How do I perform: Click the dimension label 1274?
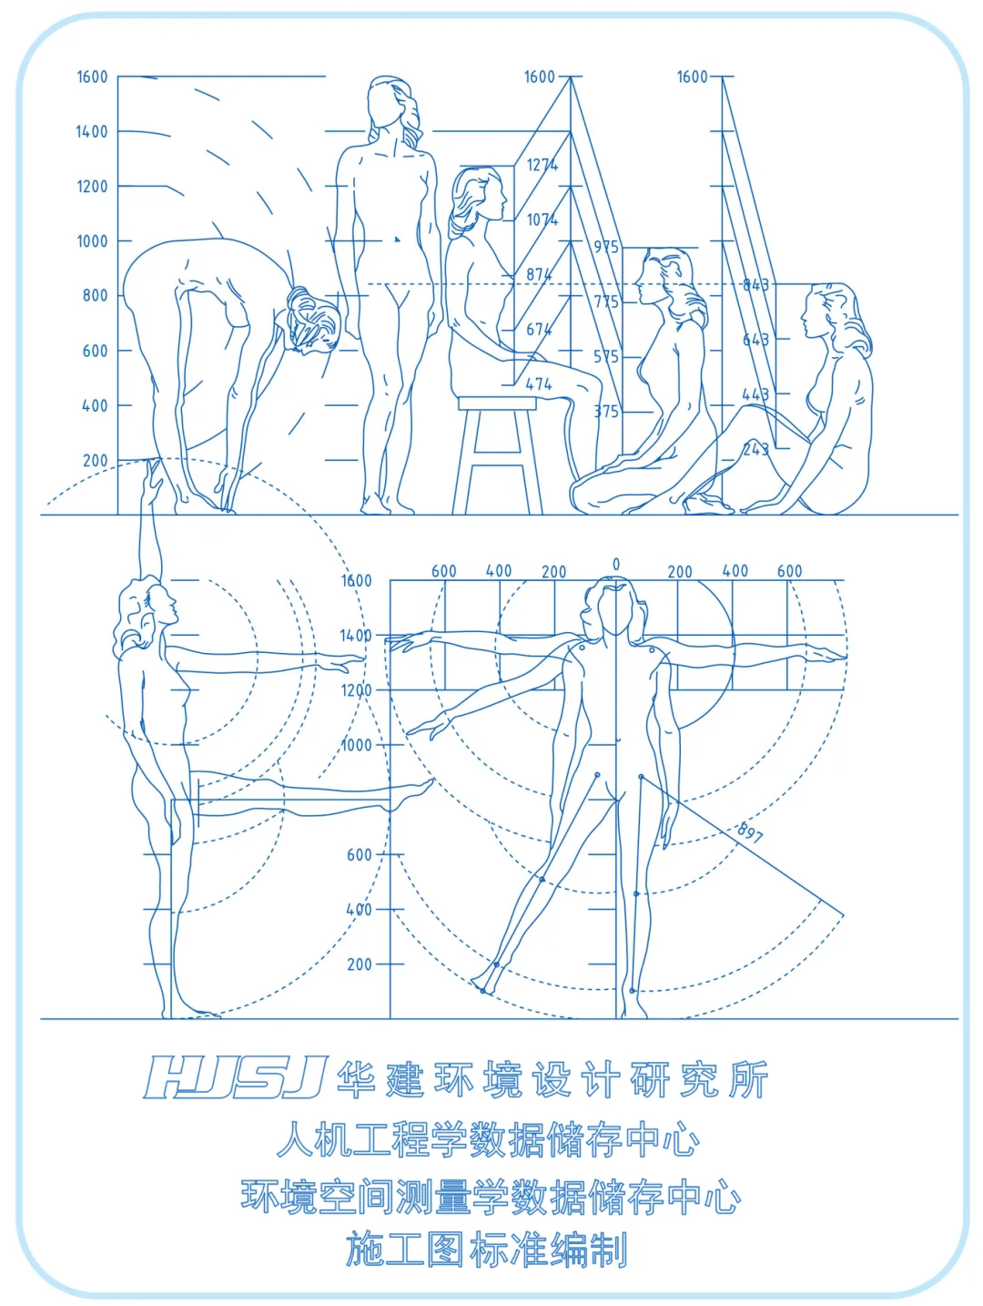tap(542, 165)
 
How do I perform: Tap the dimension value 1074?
tap(542, 219)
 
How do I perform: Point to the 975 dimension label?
tap(606, 247)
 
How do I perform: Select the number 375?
tap(606, 412)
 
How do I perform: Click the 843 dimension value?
tap(755, 285)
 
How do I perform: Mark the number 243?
tap(755, 449)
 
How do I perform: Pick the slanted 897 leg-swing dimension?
tap(750, 832)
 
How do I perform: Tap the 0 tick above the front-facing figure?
tap(616, 566)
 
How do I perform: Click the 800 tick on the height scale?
tap(95, 296)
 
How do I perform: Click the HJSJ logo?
tap(235, 1078)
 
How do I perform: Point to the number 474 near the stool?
tap(539, 384)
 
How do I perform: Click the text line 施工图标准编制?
tap(487, 1250)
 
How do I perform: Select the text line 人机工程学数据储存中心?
tap(489, 1140)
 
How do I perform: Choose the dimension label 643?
tap(755, 340)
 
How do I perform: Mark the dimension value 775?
tap(606, 301)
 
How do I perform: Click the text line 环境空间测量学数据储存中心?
tap(491, 1197)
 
